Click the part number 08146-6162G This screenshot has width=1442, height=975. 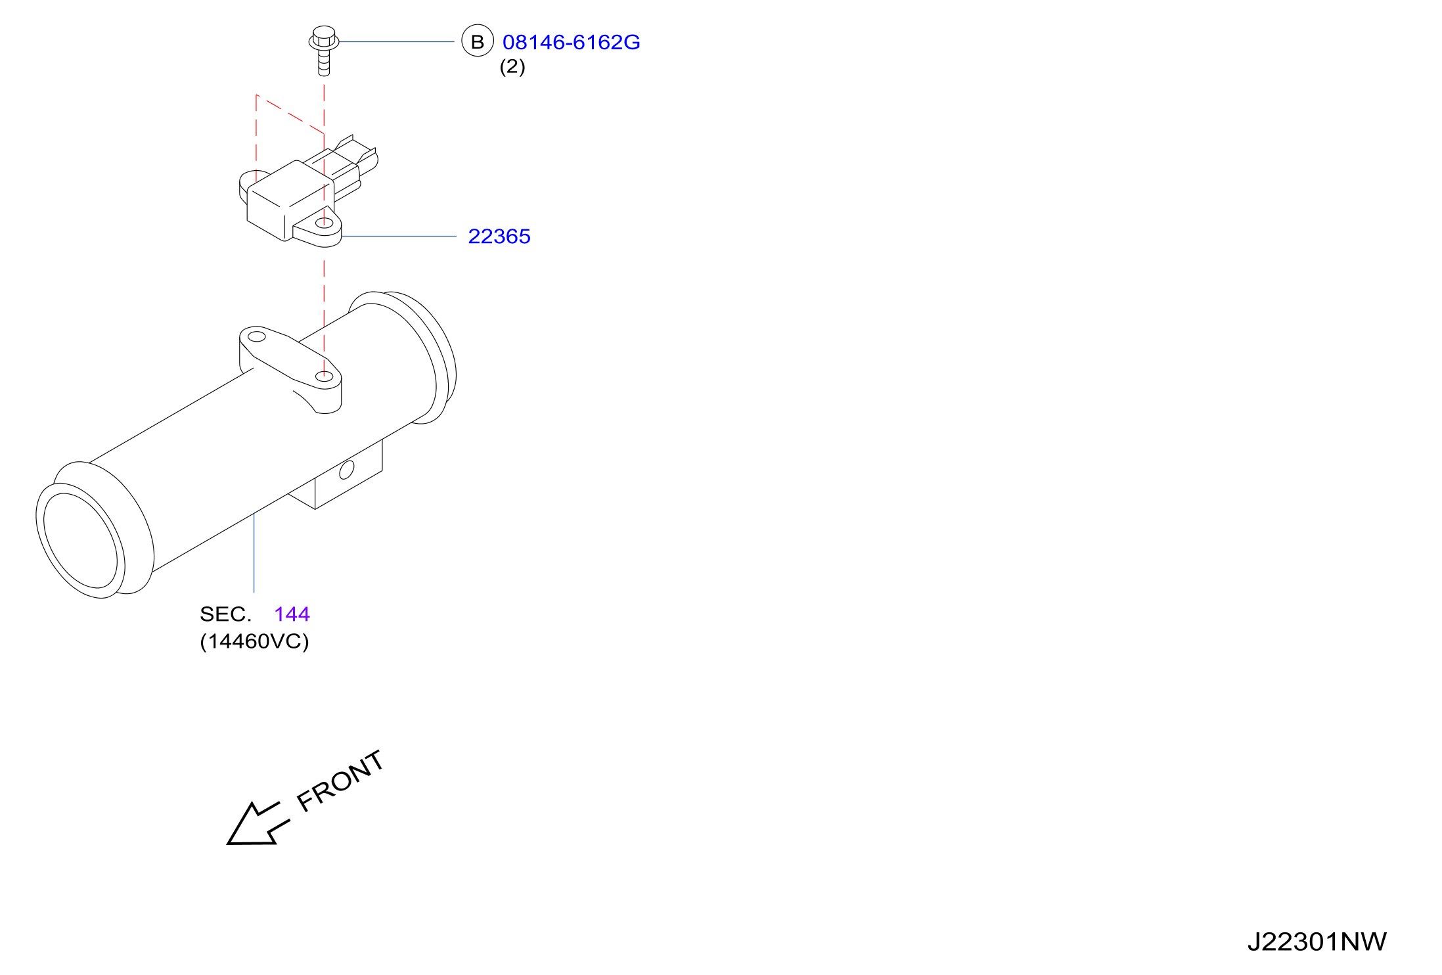571,42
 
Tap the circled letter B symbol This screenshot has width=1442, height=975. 478,41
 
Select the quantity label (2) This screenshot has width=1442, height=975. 512,66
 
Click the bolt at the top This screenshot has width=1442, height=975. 324,51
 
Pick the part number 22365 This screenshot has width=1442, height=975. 499,237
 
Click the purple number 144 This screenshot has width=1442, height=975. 292,614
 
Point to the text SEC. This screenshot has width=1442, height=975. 225,614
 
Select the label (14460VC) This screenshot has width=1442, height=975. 254,641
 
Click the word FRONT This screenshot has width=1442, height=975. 340,781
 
